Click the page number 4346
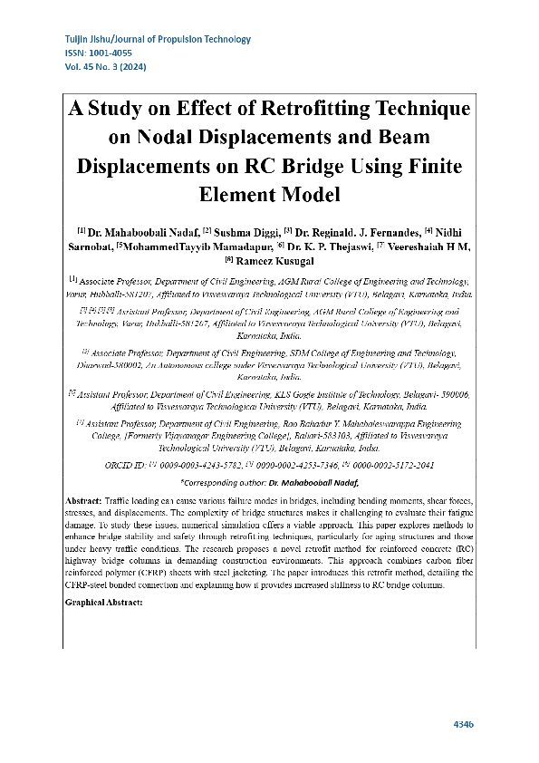pyautogui.click(x=462, y=724)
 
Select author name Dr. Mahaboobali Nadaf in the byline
pyautogui.click(x=138, y=233)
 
